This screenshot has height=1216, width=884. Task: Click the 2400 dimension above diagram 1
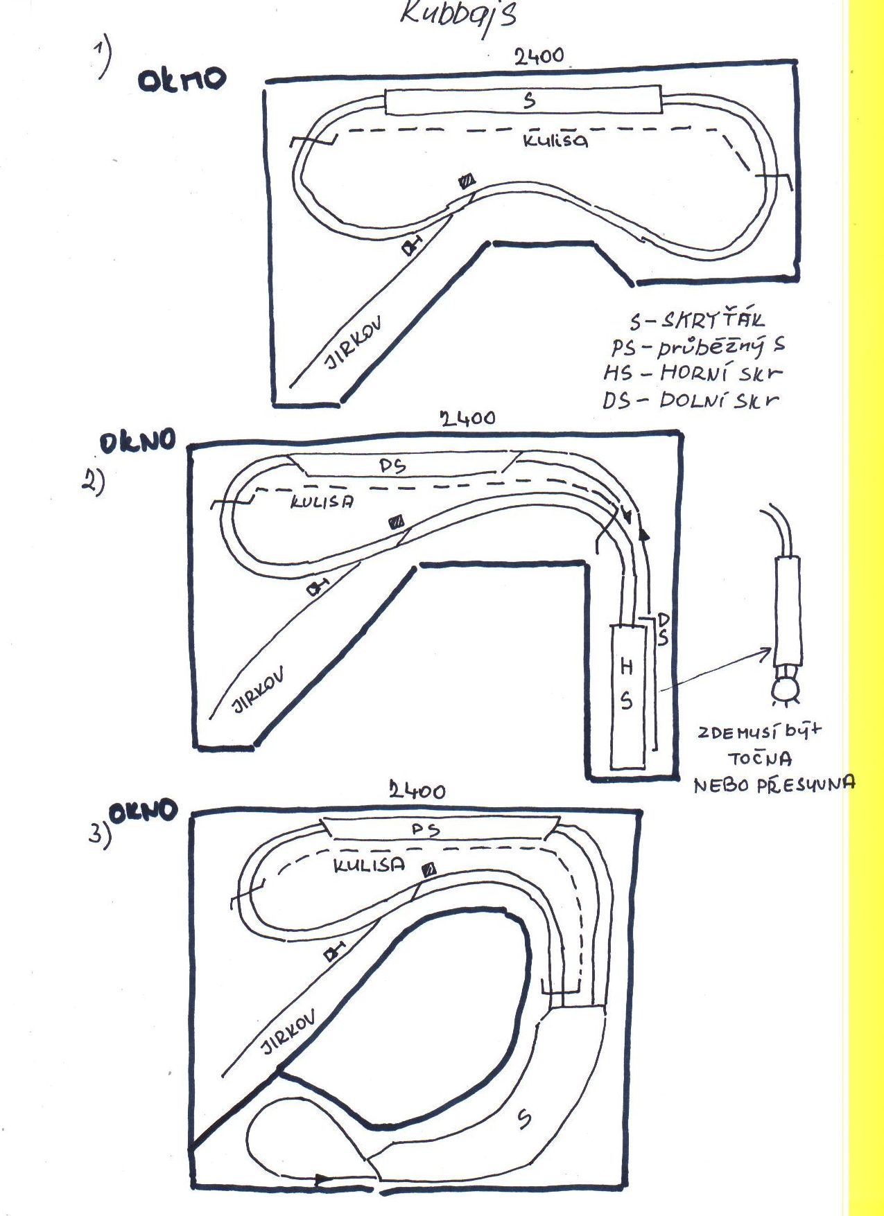[x=539, y=55]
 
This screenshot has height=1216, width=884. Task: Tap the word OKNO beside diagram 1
[x=182, y=79]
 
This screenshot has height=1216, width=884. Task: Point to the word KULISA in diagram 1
[x=555, y=140]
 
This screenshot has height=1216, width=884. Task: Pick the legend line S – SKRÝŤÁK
[x=696, y=320]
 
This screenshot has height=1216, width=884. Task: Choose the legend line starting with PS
[x=697, y=346]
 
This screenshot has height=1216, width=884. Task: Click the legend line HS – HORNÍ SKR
[x=692, y=373]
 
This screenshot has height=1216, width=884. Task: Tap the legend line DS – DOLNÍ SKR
[x=690, y=400]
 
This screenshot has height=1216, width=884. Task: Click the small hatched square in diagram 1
[x=467, y=182]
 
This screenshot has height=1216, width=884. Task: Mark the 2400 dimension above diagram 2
[x=467, y=418]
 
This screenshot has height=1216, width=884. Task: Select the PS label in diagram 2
[x=392, y=466]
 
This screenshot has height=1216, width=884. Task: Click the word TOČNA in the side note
[x=760, y=758]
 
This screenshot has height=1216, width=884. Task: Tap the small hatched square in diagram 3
[x=429, y=869]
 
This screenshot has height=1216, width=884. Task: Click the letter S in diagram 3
[x=525, y=1117]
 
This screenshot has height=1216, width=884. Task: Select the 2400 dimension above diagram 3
[x=417, y=790]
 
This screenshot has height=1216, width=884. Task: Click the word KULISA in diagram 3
[x=369, y=865]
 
